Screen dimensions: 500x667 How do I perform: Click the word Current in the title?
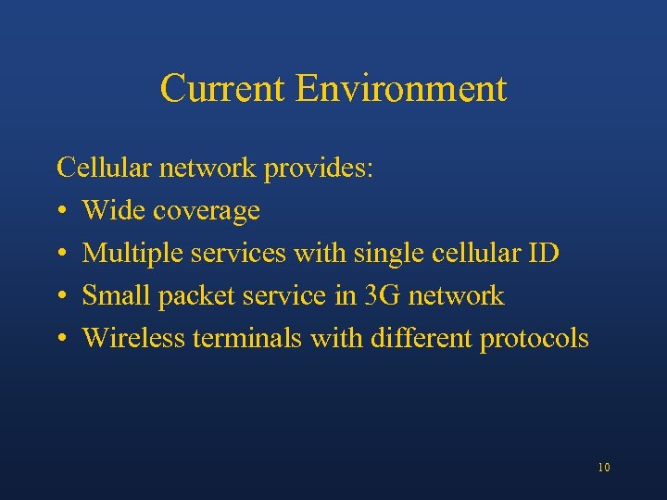point(223,89)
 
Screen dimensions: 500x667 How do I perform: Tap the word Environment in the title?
point(402,89)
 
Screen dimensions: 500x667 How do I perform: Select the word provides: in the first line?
point(319,169)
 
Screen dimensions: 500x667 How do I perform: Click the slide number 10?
point(604,468)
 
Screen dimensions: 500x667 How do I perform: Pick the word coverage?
point(207,212)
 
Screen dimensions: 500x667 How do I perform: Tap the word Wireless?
point(133,338)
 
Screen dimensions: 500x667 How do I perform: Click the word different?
point(422,338)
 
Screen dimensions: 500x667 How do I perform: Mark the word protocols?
point(534,339)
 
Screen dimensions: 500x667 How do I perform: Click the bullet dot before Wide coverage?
point(61,212)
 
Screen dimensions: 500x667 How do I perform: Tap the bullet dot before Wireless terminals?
point(61,339)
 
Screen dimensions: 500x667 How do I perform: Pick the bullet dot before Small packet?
point(61,296)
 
